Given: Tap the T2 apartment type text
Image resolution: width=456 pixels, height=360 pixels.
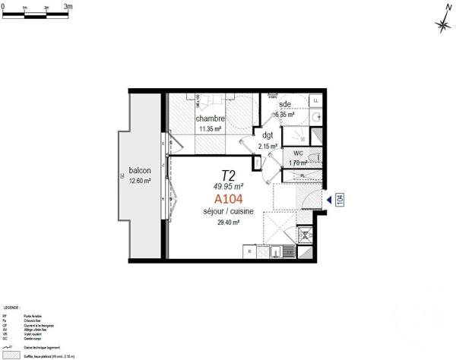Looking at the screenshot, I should point(228,174).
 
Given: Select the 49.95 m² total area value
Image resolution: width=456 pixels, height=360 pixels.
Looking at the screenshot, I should point(228,185).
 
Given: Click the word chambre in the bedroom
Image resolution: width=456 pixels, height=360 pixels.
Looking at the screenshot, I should point(210,119).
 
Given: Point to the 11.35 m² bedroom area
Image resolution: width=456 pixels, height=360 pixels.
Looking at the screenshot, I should point(210,129).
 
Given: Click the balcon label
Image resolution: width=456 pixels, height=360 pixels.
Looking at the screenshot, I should point(139,170).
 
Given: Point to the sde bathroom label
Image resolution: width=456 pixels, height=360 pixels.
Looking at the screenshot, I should point(286,104).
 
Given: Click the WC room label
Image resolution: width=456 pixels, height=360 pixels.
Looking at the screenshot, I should point(298,153).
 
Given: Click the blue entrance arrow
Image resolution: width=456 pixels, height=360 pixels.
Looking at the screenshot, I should point(329,199).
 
